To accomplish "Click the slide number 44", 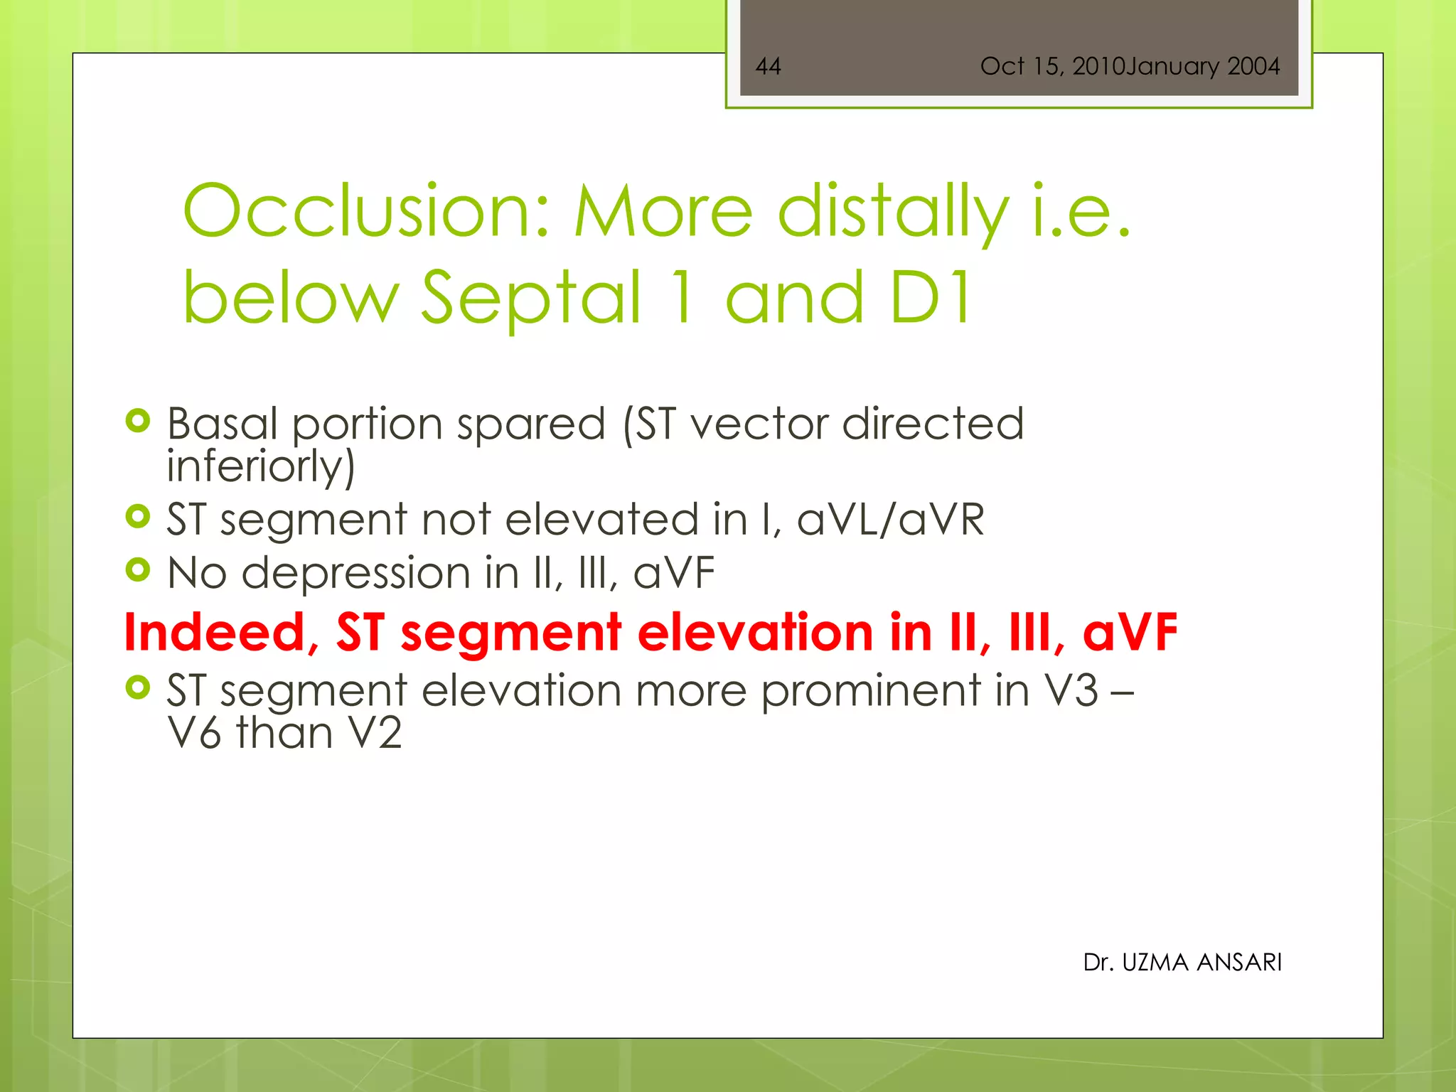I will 768,66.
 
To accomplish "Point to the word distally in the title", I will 893,211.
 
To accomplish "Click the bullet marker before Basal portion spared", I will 138,421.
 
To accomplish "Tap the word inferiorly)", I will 260,466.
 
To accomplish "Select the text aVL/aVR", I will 890,519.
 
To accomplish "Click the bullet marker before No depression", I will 138,569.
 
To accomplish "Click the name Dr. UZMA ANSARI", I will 1182,962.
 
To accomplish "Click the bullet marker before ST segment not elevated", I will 138,516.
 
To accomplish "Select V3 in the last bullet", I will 1071,691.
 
